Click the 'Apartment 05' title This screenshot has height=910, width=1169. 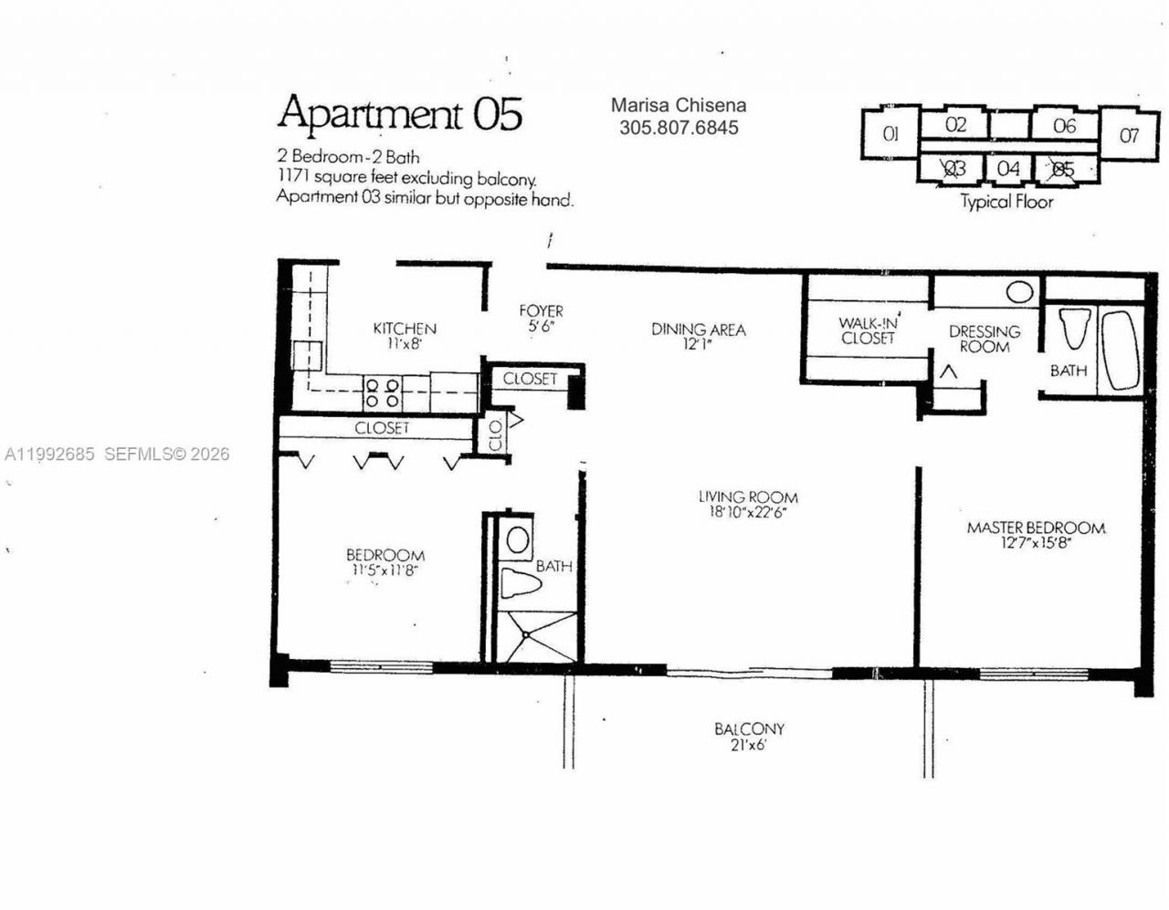pos(400,113)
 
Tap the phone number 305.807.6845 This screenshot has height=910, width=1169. pos(679,128)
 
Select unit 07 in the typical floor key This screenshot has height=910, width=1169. pos(1129,136)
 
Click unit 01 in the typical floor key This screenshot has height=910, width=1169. pos(890,134)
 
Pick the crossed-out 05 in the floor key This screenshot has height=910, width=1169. pos(1063,169)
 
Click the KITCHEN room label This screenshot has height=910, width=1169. pos(405,329)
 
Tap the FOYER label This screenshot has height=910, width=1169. pos(541,311)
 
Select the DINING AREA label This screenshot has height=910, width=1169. pos(699,329)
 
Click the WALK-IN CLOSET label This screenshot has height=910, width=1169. pos(868,330)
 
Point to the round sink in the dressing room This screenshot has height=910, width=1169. pos(1019,293)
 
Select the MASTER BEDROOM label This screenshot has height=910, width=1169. pos(1036,528)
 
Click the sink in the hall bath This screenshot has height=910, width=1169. pos(518,539)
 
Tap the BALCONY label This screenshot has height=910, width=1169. pos(749,729)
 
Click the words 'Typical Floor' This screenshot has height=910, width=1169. pos(1006,202)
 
